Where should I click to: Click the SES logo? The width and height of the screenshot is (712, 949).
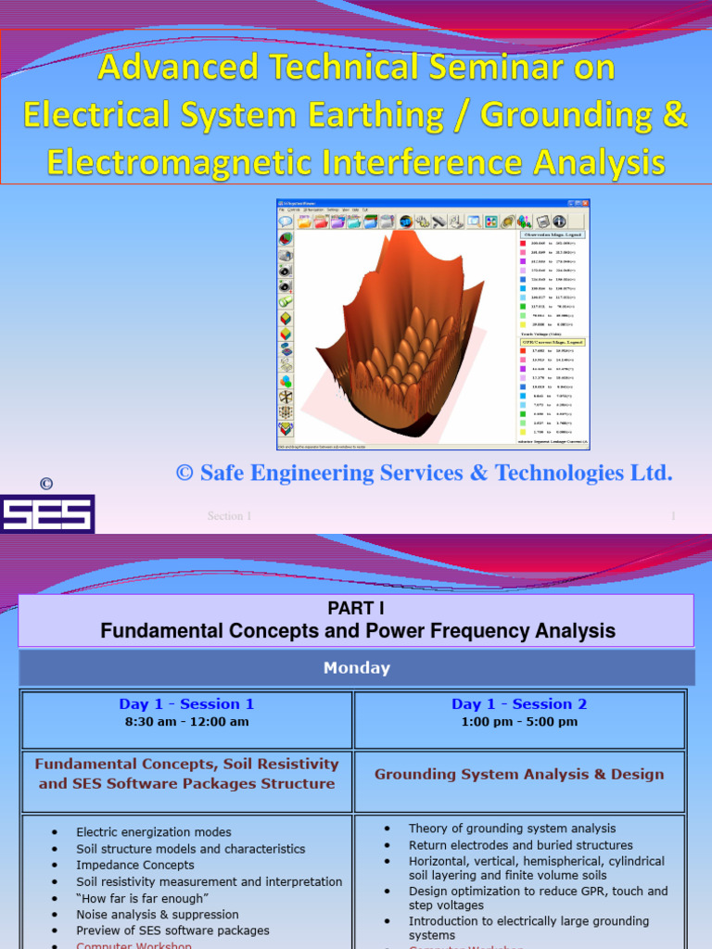(46, 513)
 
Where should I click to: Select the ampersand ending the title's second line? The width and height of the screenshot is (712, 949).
(675, 115)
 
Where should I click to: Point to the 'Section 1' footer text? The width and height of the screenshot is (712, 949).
(229, 516)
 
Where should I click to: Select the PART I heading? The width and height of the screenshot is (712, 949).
(357, 608)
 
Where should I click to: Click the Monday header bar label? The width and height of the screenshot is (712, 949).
(357, 667)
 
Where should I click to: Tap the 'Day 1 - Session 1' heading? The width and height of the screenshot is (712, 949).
(186, 704)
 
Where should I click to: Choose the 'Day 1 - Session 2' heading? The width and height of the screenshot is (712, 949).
(519, 704)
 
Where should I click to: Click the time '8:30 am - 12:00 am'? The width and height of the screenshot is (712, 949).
(186, 722)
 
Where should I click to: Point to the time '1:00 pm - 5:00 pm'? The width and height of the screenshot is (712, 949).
(519, 722)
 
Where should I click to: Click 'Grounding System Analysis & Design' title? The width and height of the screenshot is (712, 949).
(519, 774)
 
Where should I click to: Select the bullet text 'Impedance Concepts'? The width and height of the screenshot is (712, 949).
(135, 865)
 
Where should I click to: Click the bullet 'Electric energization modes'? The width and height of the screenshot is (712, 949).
(154, 832)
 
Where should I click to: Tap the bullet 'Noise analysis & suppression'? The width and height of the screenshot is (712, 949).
(158, 914)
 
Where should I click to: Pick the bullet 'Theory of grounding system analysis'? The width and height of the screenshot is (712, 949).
(512, 829)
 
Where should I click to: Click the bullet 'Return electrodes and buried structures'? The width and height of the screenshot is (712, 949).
(521, 845)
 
